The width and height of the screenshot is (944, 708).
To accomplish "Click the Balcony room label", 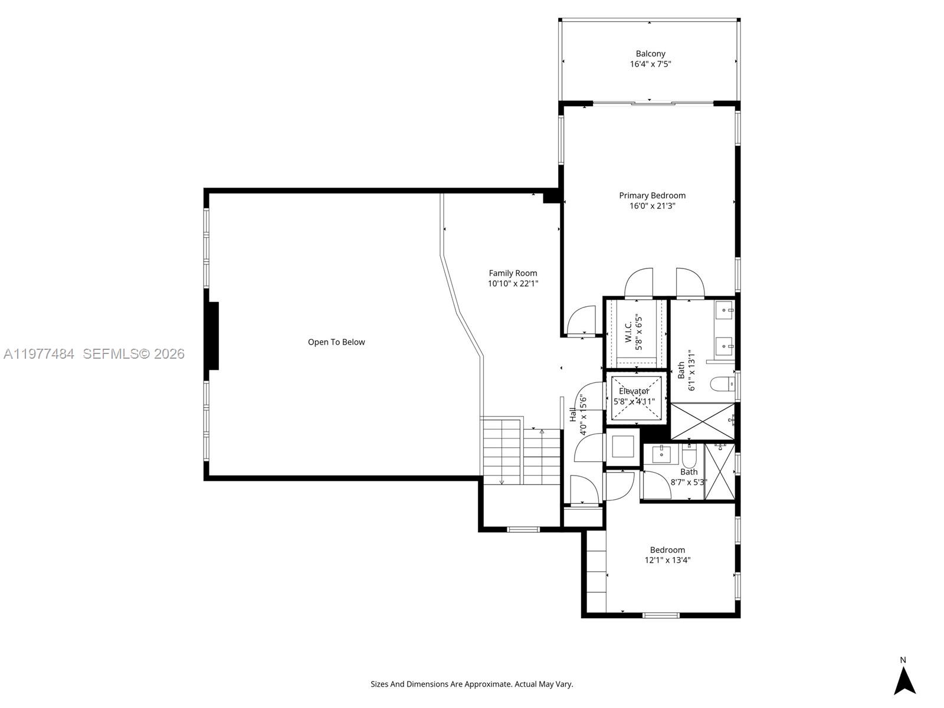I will click(650, 54).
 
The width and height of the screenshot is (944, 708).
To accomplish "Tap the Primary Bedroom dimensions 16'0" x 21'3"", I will click(652, 206).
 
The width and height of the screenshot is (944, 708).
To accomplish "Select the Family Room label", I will click(513, 273).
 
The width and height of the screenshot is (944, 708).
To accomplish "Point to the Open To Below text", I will click(336, 342).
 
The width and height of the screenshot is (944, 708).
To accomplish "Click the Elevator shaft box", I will click(635, 398).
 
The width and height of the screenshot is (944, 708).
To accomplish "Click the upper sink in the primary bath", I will click(725, 309).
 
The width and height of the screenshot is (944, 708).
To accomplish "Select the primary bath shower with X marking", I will click(703, 421).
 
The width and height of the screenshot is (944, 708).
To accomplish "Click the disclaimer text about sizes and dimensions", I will click(471, 684).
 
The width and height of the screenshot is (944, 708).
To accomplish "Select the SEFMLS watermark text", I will click(133, 354).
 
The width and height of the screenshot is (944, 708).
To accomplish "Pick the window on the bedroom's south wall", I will click(661, 615).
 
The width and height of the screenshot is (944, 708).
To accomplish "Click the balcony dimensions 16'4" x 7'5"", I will click(650, 64).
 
